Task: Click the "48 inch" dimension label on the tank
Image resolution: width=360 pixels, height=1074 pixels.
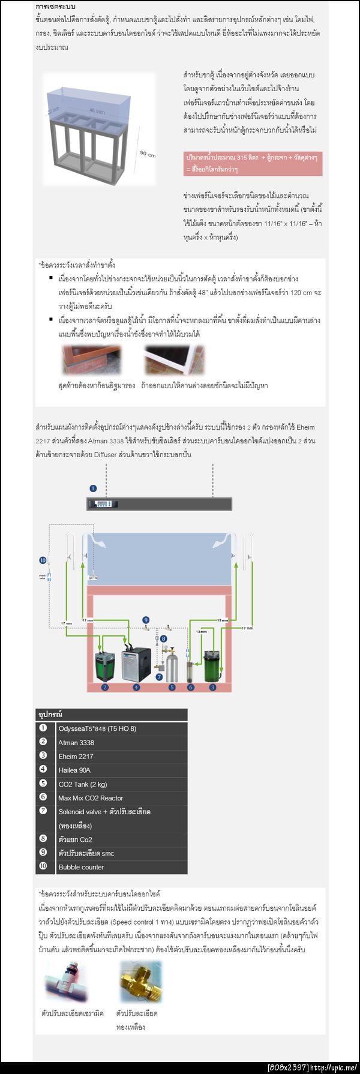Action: pyautogui.click(x=97, y=111)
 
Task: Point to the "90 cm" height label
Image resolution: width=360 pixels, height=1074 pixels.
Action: pyautogui.click(x=148, y=154)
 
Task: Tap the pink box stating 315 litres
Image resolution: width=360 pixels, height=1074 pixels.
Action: pyautogui.click(x=253, y=163)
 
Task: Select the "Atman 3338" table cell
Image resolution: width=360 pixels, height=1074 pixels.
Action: pyautogui.click(x=76, y=742)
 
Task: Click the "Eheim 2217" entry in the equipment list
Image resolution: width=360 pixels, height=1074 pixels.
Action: pyautogui.click(x=76, y=756)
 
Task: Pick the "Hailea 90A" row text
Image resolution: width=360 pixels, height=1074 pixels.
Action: pyautogui.click(x=74, y=770)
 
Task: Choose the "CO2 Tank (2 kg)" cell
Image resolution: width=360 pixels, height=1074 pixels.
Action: pyautogui.click(x=83, y=784)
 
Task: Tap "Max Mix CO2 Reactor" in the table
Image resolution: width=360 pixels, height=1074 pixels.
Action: pyautogui.click(x=91, y=798)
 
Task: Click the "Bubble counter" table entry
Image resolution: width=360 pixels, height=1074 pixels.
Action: pyautogui.click(x=81, y=867)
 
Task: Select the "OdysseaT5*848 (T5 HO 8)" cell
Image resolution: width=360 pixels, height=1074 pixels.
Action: pyautogui.click(x=97, y=728)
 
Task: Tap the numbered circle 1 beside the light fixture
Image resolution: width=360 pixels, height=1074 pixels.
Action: pyautogui.click(x=93, y=488)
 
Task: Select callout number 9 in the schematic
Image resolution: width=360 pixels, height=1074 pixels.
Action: pyautogui.click(x=145, y=619)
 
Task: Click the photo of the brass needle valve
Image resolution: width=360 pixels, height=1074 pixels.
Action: pyautogui.click(x=140, y=982)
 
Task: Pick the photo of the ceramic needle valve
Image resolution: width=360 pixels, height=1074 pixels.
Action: pyautogui.click(x=68, y=982)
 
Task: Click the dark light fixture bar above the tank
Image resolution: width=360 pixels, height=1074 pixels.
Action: pyautogui.click(x=159, y=504)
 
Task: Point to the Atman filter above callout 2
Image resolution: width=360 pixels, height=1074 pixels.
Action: pyautogui.click(x=104, y=665)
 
